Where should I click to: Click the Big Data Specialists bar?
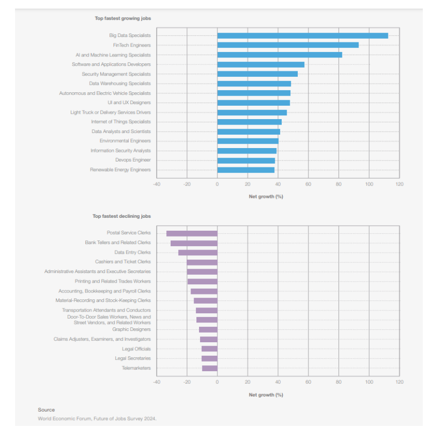point(302,35)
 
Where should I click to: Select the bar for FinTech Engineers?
point(288,45)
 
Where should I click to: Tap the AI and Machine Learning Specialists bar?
point(280,55)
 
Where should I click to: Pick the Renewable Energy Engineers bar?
point(246,170)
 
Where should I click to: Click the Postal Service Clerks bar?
point(192,233)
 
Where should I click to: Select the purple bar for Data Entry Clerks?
point(197,252)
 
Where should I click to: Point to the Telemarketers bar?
point(210,368)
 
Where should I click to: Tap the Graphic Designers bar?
point(208,329)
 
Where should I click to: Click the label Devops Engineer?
point(133,160)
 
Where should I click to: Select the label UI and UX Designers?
point(129,102)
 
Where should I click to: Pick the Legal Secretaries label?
point(133,358)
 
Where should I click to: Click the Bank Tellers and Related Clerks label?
point(118,242)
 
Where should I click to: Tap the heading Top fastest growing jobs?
point(123,18)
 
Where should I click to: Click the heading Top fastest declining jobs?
point(122,216)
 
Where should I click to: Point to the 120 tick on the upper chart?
point(399,184)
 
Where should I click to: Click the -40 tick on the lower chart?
point(156,382)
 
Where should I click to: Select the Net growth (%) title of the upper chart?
point(266,196)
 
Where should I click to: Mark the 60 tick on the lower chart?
point(308,382)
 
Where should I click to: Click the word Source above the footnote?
point(46,410)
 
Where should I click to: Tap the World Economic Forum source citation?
point(97,418)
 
